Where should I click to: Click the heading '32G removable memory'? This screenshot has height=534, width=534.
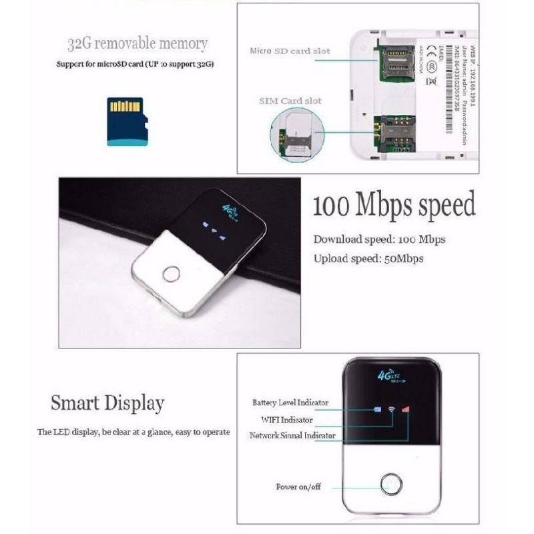pyautogui.click(x=138, y=45)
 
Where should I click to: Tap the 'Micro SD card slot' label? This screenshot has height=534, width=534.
pyautogui.click(x=290, y=51)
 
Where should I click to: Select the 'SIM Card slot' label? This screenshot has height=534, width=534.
pyautogui.click(x=290, y=101)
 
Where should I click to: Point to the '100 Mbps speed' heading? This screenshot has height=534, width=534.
pyautogui.click(x=394, y=205)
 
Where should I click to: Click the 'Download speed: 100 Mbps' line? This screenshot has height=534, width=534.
pyautogui.click(x=380, y=239)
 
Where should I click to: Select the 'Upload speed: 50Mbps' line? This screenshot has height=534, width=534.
pyautogui.click(x=368, y=258)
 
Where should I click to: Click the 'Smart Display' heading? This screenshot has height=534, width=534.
pyautogui.click(x=107, y=404)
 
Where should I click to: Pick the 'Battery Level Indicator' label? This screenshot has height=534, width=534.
pyautogui.click(x=290, y=403)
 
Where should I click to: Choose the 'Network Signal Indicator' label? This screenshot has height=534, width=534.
pyautogui.click(x=292, y=435)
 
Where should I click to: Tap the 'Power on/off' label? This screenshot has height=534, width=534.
pyautogui.click(x=298, y=487)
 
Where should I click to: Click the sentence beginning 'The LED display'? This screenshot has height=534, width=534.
pyautogui.click(x=133, y=432)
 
